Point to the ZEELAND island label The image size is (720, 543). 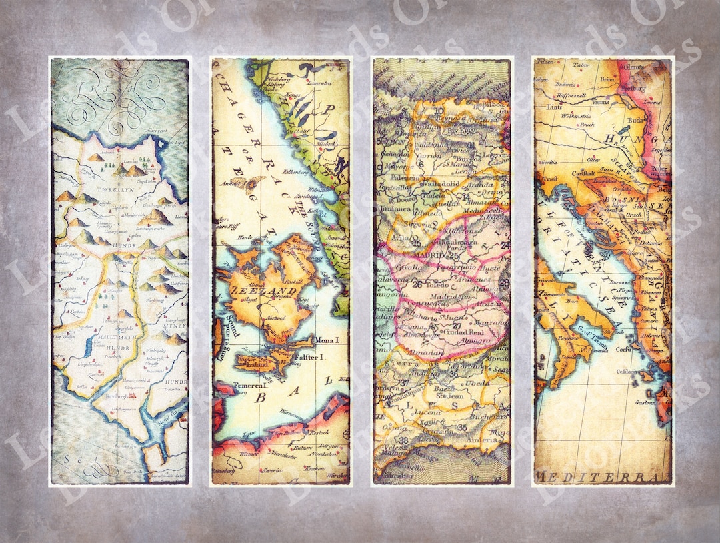coord(255,291)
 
